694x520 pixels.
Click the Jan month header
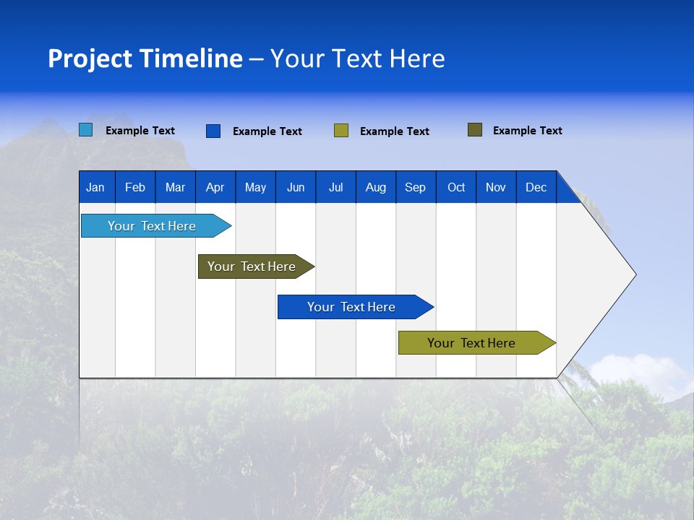tap(95, 187)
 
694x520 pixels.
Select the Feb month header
tap(135, 187)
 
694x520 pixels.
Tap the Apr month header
tap(215, 187)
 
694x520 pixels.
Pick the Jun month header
tap(296, 187)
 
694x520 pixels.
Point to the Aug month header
tap(375, 187)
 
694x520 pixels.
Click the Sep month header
tap(415, 187)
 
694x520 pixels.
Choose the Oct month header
tap(456, 187)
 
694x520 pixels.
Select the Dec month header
tap(536, 187)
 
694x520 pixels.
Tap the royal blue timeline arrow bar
tap(352, 307)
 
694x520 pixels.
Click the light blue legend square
tap(86, 130)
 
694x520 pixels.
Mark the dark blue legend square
tap(213, 131)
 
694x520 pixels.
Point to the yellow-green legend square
tap(341, 131)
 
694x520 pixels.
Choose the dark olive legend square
tap(474, 130)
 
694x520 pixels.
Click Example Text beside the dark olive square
tap(527, 131)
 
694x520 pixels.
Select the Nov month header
tap(496, 187)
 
